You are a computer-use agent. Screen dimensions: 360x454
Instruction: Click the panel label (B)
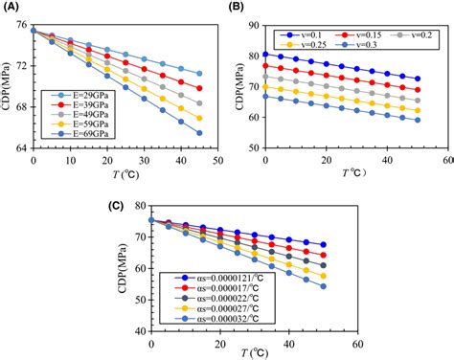[x=237, y=9]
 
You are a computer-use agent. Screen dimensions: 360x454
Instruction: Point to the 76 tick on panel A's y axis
[x=22, y=29]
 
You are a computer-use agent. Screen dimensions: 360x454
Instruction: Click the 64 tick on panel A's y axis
[x=22, y=147]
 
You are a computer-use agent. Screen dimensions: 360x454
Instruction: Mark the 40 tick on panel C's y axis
[x=140, y=330]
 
